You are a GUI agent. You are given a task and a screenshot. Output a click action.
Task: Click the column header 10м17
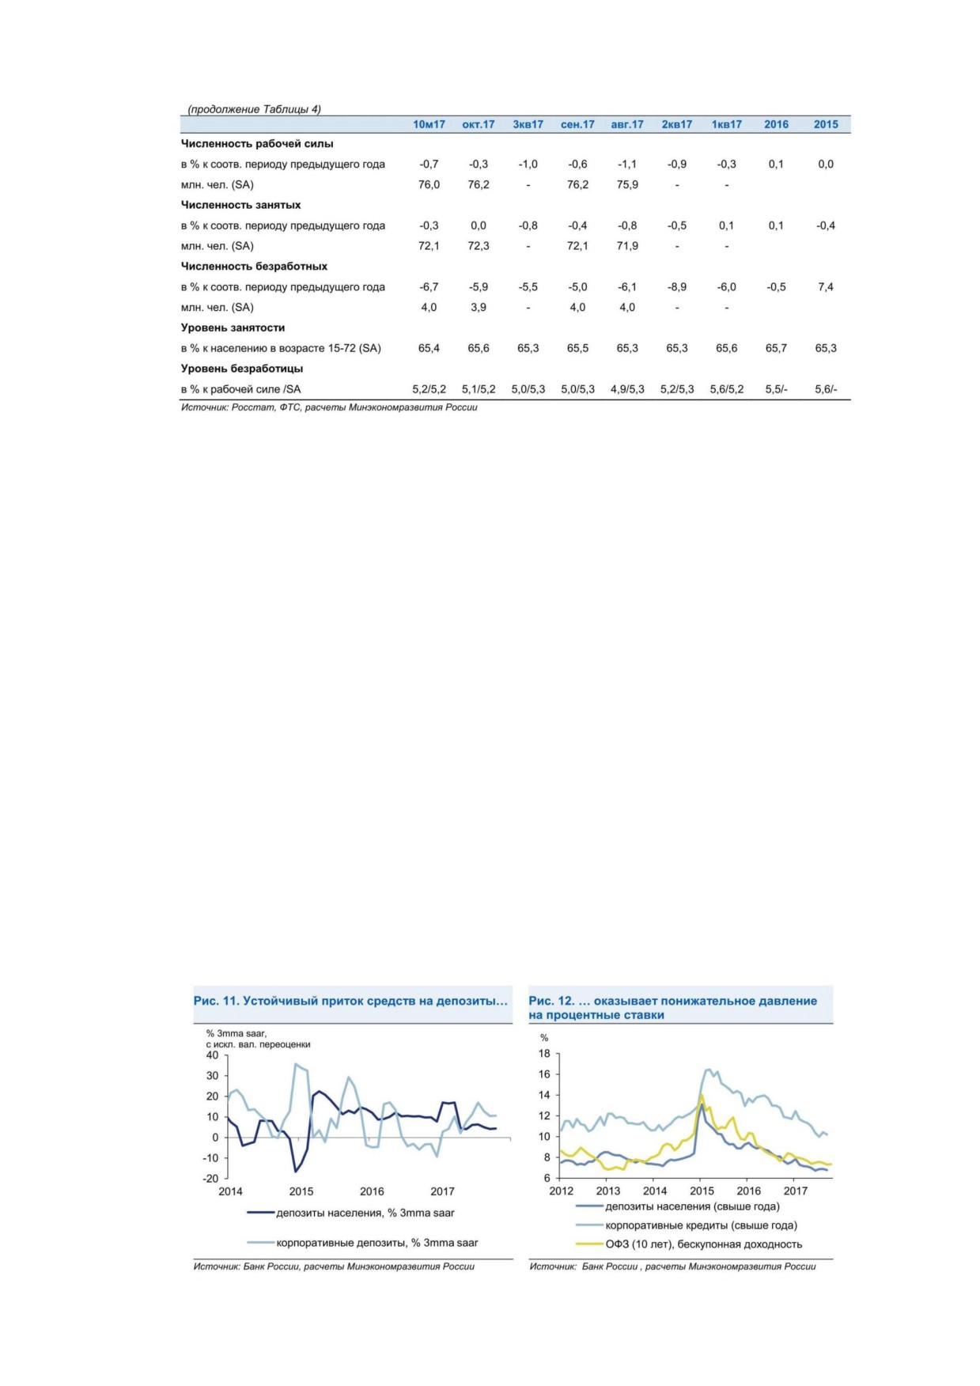[429, 124]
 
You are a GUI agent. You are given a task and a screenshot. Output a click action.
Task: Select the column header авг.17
[627, 124]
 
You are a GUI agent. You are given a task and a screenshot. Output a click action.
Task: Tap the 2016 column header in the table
[776, 124]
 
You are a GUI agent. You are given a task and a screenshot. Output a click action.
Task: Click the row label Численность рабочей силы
[257, 144]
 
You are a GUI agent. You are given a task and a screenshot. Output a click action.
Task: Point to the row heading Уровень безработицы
[242, 369]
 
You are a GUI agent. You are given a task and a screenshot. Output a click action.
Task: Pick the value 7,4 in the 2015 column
[826, 287]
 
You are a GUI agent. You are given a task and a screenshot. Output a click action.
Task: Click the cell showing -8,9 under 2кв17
[677, 287]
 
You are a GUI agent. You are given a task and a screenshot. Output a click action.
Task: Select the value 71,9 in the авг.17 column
[627, 246]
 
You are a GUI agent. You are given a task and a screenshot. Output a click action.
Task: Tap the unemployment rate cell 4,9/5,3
[627, 389]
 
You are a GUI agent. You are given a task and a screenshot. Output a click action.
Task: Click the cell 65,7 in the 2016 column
[776, 348]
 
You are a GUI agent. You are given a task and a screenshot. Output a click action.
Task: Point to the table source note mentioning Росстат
[329, 407]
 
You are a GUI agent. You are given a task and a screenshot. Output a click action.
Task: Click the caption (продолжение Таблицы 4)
[254, 109]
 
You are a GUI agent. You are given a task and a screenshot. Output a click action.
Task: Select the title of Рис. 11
[350, 1001]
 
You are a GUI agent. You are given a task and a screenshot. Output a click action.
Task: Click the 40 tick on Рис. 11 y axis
[212, 1055]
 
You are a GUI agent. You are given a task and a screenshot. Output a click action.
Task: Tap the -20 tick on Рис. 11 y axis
[210, 1179]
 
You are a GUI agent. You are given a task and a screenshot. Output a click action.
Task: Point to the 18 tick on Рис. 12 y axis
[544, 1054]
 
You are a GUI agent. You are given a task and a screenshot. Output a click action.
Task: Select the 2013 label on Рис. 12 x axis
[608, 1191]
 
